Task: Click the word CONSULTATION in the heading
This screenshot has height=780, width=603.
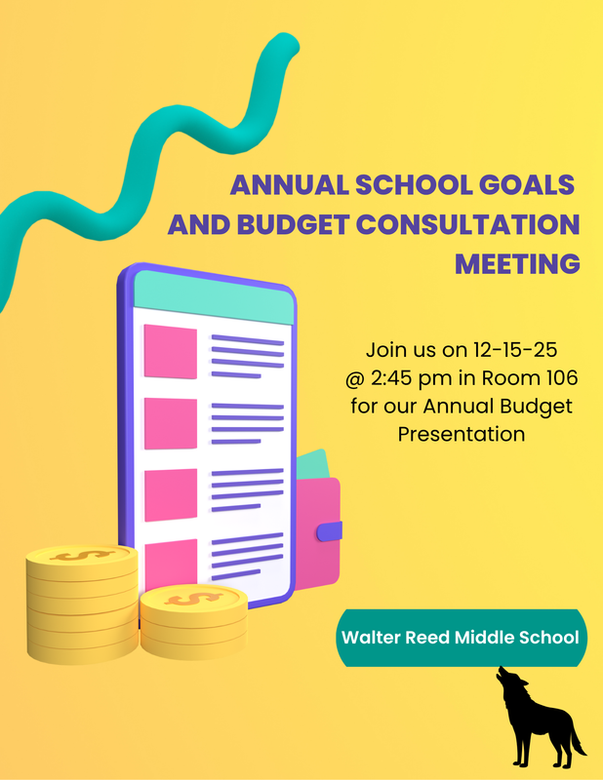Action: pos(466,224)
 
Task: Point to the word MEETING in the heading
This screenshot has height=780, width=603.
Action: pos(518,263)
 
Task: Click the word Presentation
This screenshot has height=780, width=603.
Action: pos(462,433)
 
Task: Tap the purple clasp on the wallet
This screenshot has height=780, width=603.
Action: pos(330,530)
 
